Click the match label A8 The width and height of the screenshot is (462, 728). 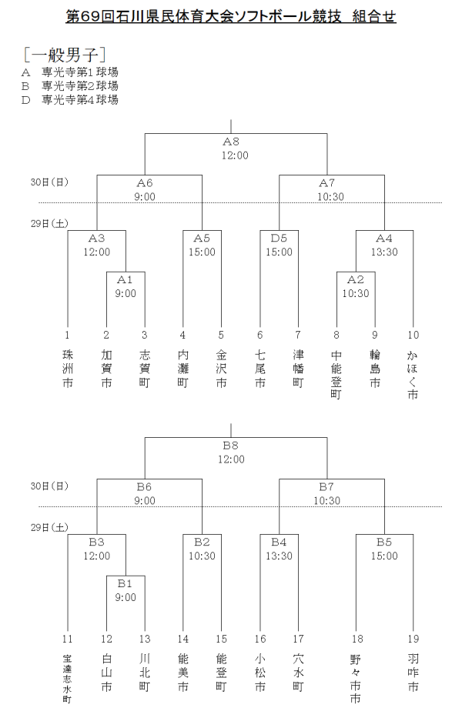click(231, 142)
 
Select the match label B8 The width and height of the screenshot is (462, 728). click(231, 445)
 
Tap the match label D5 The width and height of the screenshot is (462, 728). click(279, 238)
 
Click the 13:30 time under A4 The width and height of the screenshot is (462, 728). click(384, 252)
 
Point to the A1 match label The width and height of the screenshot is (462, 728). click(126, 279)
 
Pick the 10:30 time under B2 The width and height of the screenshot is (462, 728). click(202, 556)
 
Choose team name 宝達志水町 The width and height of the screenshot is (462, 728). click(67, 679)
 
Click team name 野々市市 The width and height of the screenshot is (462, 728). click(356, 679)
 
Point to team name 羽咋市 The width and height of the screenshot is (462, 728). click(413, 673)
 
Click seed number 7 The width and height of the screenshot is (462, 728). click(298, 335)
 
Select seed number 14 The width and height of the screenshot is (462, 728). click(182, 639)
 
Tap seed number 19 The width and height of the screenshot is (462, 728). click(413, 639)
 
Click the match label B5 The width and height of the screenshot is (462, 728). click(384, 542)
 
